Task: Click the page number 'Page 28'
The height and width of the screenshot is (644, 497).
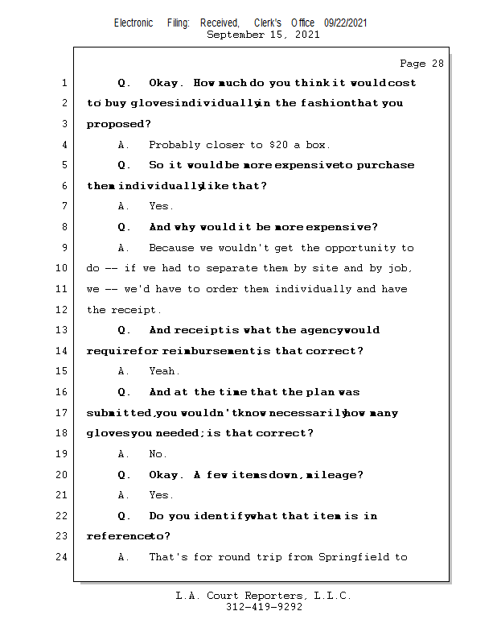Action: coord(421,64)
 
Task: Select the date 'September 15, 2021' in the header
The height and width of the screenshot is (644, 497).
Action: coord(263,35)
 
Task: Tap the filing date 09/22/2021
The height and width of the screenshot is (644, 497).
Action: coord(345,23)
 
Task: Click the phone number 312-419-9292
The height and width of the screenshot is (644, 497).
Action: coord(264,607)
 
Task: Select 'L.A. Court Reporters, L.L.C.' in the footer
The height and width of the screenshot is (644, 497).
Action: coord(264,596)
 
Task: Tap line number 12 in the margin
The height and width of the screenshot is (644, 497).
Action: coord(63,310)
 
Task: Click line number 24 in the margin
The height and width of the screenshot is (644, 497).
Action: coord(63,557)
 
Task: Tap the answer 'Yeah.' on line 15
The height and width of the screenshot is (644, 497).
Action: coord(165,371)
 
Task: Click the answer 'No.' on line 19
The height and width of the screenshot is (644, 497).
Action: coord(158,454)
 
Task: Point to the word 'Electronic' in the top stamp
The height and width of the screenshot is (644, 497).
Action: coord(133,23)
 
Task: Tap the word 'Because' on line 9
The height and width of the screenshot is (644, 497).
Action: coord(171,248)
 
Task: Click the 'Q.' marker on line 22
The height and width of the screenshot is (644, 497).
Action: coord(124,516)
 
